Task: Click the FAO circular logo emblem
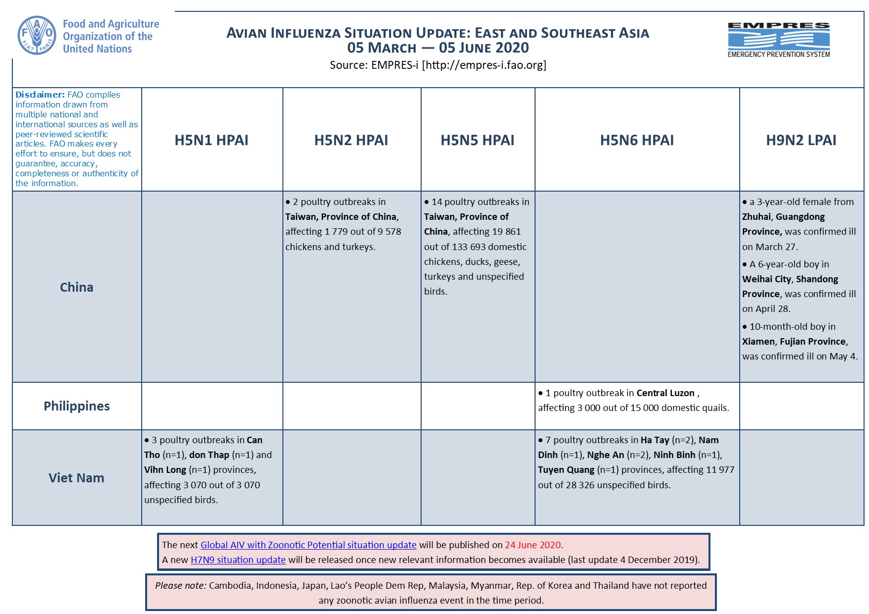tap(37, 35)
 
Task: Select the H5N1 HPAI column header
tap(211, 140)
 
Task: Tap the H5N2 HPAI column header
tap(351, 140)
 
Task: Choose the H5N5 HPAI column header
tap(477, 140)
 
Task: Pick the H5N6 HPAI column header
tap(637, 140)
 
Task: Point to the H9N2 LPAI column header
tap(801, 140)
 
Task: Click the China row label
tap(76, 287)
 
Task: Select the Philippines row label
tap(76, 406)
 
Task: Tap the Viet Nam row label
tap(76, 478)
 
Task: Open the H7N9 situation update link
tap(238, 560)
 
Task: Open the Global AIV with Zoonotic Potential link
tap(308, 545)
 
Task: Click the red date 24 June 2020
tap(533, 545)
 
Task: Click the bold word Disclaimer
tap(40, 95)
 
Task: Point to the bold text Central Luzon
tap(665, 393)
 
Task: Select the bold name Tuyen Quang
tap(566, 470)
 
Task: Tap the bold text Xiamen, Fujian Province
tap(794, 342)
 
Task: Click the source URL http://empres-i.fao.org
tap(484, 65)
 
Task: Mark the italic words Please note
tap(180, 586)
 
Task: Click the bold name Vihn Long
tap(165, 470)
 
